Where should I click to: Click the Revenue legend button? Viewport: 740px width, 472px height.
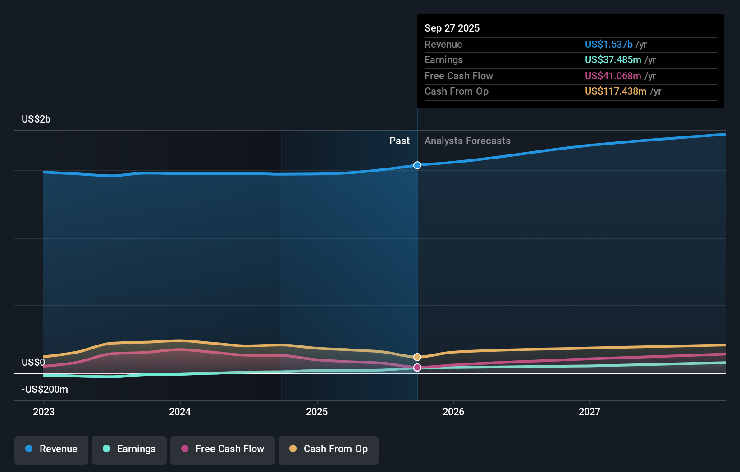tap(51, 449)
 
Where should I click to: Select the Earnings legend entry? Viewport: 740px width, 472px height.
tap(129, 449)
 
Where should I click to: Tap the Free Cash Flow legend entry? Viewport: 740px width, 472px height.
tap(223, 449)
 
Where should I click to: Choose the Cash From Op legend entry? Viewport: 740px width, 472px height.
tap(329, 449)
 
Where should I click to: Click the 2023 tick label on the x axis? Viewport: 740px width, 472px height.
tap(44, 412)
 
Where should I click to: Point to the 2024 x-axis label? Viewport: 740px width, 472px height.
tap(180, 412)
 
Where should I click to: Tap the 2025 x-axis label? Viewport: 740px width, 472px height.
tap(317, 412)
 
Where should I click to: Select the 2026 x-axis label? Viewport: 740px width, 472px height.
tap(453, 412)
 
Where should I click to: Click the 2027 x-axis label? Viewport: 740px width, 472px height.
tap(589, 412)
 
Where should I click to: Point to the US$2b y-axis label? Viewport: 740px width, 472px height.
tap(36, 119)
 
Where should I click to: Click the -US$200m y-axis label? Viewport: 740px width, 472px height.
tap(45, 390)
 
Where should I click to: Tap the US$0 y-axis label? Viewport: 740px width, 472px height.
tap(33, 363)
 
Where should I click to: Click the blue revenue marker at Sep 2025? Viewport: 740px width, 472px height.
tap(417, 165)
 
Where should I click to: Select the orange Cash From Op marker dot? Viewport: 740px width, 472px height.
tap(417, 357)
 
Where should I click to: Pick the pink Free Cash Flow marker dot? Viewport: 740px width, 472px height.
tap(417, 368)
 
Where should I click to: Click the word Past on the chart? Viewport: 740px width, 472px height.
tap(399, 141)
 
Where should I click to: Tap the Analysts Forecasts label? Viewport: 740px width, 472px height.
tap(467, 141)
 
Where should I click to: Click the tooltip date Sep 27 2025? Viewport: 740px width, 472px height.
tap(452, 28)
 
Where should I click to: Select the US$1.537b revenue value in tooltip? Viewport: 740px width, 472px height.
tap(608, 45)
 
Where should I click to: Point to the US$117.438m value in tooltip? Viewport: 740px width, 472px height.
tap(616, 91)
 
